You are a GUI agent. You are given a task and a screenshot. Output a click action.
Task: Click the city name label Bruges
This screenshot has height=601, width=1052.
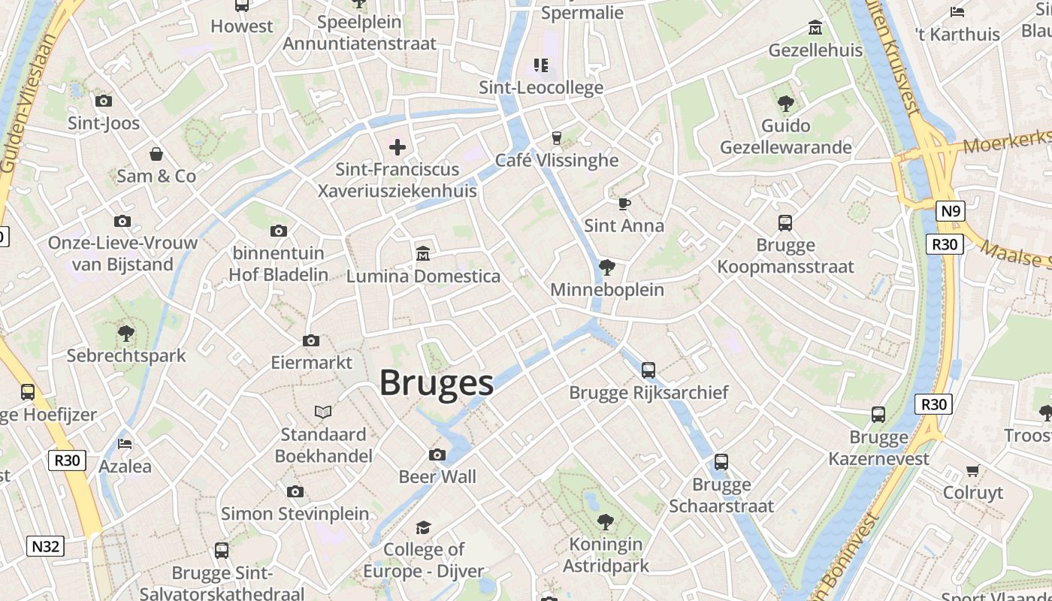click(436, 382)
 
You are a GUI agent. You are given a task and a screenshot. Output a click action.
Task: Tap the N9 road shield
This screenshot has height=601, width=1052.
click(951, 211)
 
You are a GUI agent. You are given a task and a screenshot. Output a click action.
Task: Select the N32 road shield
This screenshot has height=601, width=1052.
click(45, 546)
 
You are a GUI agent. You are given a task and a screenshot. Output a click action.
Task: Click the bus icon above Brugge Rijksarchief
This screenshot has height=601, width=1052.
click(648, 370)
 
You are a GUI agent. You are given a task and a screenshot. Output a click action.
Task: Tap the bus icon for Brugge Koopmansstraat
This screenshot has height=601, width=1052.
click(785, 223)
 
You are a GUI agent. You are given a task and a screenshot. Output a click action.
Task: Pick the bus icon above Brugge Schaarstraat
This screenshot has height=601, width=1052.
click(721, 462)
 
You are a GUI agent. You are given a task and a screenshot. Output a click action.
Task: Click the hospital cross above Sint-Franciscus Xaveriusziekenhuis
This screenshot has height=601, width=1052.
click(398, 147)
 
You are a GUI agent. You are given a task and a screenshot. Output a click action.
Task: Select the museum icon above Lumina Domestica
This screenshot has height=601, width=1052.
click(423, 254)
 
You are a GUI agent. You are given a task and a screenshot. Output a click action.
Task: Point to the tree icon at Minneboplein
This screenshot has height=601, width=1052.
click(607, 267)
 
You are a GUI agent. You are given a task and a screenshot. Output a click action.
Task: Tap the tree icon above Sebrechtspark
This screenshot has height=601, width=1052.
click(126, 333)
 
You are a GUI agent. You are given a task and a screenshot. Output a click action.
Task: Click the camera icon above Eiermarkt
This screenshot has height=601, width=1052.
click(311, 341)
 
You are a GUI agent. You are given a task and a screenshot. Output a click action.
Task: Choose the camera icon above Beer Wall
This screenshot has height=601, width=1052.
click(437, 455)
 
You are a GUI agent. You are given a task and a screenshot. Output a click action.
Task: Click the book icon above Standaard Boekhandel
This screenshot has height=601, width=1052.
click(323, 412)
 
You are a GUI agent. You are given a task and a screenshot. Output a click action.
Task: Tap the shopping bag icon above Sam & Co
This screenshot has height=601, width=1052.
click(156, 154)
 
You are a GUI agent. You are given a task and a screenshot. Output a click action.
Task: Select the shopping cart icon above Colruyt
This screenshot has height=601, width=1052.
click(973, 470)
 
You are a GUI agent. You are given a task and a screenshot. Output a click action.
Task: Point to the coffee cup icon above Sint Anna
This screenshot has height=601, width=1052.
click(624, 204)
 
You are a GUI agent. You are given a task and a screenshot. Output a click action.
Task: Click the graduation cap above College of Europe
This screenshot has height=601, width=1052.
click(424, 527)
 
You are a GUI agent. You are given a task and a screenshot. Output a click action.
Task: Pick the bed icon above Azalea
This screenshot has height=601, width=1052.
click(125, 444)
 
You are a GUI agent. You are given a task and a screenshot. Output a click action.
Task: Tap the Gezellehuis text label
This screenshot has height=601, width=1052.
click(815, 50)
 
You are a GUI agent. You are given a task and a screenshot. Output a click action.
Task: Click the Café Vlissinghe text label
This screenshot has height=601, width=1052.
click(557, 160)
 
